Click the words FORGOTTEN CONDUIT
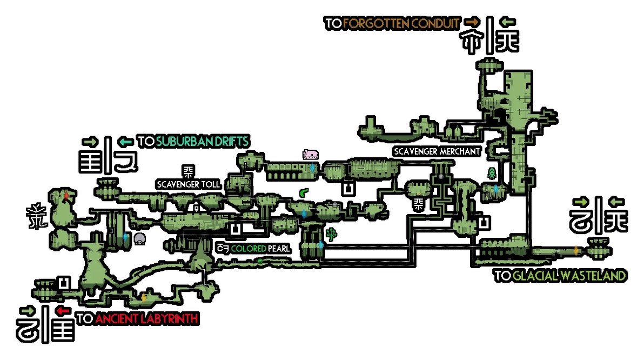coord(401,23)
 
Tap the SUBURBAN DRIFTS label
coord(203,142)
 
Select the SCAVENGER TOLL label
coord(189,184)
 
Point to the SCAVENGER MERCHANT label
coord(437,152)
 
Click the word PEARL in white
coord(279,249)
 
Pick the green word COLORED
coord(249,249)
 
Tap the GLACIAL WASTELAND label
coord(569,275)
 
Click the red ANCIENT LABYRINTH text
coord(146,319)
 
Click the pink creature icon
coord(311,155)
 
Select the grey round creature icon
coord(139,239)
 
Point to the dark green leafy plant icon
coord(331,235)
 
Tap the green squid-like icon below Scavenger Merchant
coord(492,174)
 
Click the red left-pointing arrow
coord(63,310)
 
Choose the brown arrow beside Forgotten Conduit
coord(473,22)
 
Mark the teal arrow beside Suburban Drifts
coord(126,142)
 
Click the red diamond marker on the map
coord(66,196)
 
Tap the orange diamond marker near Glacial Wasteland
coord(576,250)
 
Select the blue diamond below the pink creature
coord(312,168)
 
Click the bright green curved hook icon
coord(304,192)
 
